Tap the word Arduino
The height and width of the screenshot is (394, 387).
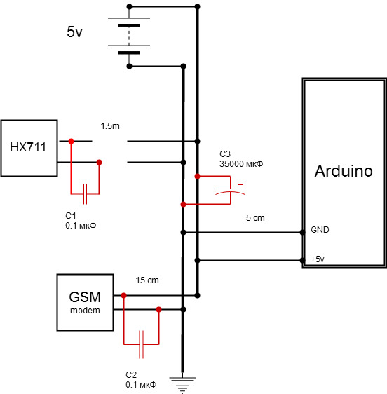(x=344, y=171)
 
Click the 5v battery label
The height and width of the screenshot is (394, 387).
(x=74, y=32)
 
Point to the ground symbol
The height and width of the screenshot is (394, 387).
(x=182, y=384)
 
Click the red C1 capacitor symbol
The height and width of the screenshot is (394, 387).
(x=86, y=194)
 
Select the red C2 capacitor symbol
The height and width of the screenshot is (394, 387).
(x=141, y=344)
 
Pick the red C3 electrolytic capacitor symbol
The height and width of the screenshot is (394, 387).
(x=230, y=191)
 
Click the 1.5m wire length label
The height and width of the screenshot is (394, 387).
(x=110, y=126)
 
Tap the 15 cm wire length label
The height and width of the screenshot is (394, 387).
(x=147, y=280)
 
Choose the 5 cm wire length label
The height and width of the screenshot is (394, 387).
(x=255, y=218)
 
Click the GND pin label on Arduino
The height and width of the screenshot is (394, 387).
(x=320, y=230)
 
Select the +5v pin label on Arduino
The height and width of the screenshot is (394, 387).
(x=318, y=259)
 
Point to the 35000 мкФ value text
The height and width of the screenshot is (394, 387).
(x=241, y=164)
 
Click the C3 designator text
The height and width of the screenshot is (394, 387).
(x=225, y=154)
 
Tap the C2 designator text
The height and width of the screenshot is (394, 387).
(x=131, y=374)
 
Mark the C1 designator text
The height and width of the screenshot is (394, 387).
(x=71, y=216)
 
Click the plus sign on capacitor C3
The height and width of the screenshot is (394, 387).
(x=240, y=184)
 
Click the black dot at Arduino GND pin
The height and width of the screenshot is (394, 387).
(x=303, y=233)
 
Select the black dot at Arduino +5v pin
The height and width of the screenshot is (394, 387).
(x=303, y=260)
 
